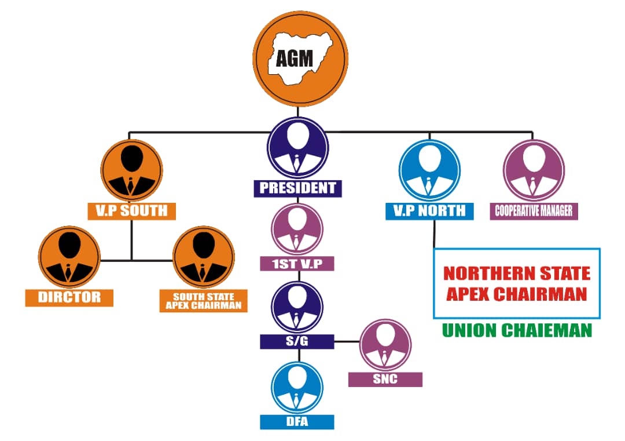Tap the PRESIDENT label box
(297, 188)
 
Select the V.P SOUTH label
(131, 210)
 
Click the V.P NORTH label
(429, 211)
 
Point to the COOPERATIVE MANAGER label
(534, 210)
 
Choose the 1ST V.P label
(297, 264)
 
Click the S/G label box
(297, 341)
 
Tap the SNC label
(385, 379)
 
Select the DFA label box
(297, 421)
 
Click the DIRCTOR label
(69, 297)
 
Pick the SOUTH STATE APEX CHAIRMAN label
(203, 301)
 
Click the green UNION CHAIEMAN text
(517, 330)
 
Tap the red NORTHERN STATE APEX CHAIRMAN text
(517, 283)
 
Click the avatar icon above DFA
(297, 387)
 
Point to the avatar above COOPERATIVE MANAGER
(534, 170)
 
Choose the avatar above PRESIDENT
(297, 148)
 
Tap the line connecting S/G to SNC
(347, 341)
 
